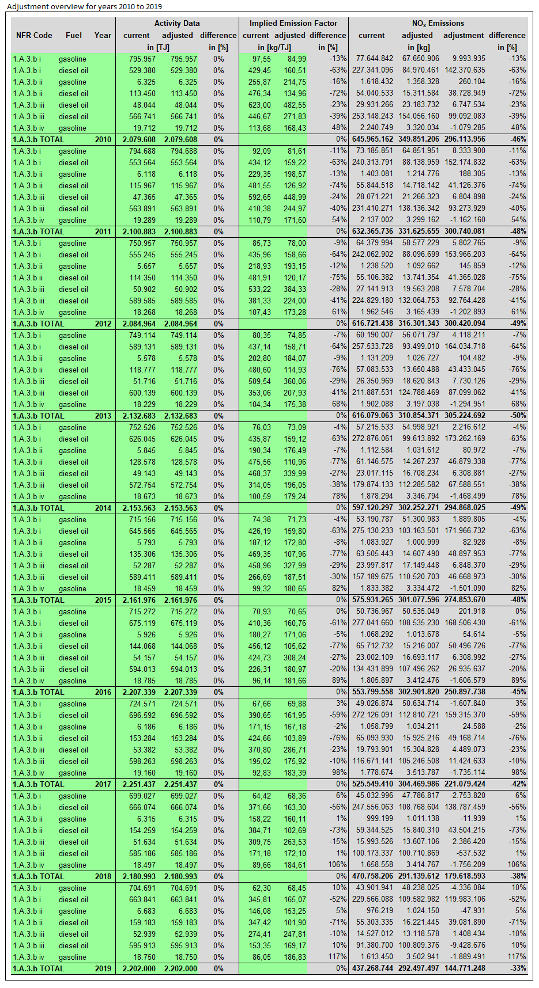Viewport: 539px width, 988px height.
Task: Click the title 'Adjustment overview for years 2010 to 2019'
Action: (x=85, y=7)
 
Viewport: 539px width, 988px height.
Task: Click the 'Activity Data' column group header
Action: (x=176, y=24)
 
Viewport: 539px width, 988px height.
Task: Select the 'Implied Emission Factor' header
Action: (x=293, y=24)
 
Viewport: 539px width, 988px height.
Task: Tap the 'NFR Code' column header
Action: (x=34, y=35)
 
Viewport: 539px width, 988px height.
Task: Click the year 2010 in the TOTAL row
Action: (x=103, y=139)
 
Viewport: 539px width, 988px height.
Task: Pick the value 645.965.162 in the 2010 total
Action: (x=372, y=139)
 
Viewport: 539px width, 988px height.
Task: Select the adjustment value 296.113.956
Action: (x=464, y=139)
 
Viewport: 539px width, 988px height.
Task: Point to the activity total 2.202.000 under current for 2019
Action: (x=139, y=968)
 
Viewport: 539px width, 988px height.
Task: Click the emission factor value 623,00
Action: (x=259, y=105)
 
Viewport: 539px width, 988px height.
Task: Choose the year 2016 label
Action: (x=103, y=692)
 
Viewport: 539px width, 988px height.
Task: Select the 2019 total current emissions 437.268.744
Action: (x=372, y=968)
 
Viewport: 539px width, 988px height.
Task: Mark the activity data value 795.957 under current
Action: (x=142, y=59)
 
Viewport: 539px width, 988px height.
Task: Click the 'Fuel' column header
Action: (x=74, y=35)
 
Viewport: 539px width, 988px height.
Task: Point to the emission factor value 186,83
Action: (x=295, y=957)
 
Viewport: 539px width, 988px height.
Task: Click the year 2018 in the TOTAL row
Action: (x=103, y=876)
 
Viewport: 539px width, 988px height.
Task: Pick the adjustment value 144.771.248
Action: (x=464, y=968)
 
